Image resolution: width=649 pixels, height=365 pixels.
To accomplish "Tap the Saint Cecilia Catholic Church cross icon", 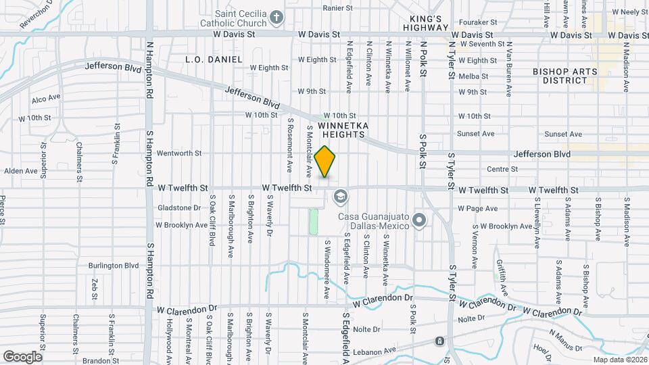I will coord(276,16).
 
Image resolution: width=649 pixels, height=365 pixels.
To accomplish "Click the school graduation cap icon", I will coord(340,197).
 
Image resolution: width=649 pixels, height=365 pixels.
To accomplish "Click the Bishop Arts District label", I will coord(564,76).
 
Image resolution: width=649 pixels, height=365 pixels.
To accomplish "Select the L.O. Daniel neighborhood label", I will coord(214,59).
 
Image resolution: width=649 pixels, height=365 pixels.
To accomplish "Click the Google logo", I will coord(22,356).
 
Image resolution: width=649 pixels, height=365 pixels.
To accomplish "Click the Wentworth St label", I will coord(179,153).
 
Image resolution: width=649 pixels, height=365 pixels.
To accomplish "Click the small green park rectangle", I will coord(314,222).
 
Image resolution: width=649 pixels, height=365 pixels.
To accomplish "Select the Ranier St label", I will coord(338,8).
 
